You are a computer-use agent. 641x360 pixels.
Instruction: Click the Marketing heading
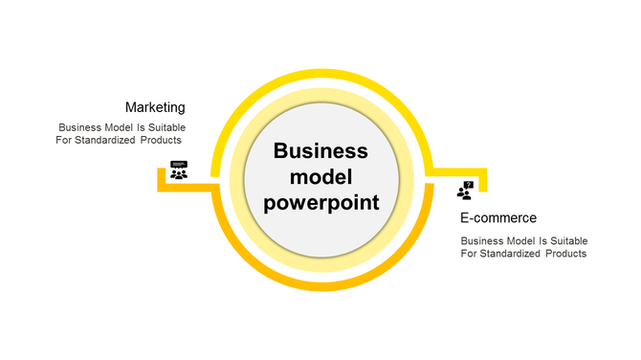pos(155,107)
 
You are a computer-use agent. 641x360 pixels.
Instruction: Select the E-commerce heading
pos(497,218)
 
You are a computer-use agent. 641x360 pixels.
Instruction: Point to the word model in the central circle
pos(321,177)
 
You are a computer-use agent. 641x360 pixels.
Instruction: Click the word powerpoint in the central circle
pos(321,203)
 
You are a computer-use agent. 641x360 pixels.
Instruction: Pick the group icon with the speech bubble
pos(179,170)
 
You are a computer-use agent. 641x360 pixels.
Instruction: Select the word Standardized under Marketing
pos(112,140)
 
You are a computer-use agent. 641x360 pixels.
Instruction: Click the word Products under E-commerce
pos(564,254)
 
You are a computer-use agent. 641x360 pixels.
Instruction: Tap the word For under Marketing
pos(66,140)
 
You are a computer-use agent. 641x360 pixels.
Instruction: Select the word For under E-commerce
pos(469,254)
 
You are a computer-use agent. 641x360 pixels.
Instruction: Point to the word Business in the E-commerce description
pos(482,240)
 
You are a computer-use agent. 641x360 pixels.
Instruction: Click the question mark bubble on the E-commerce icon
pos(469,185)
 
